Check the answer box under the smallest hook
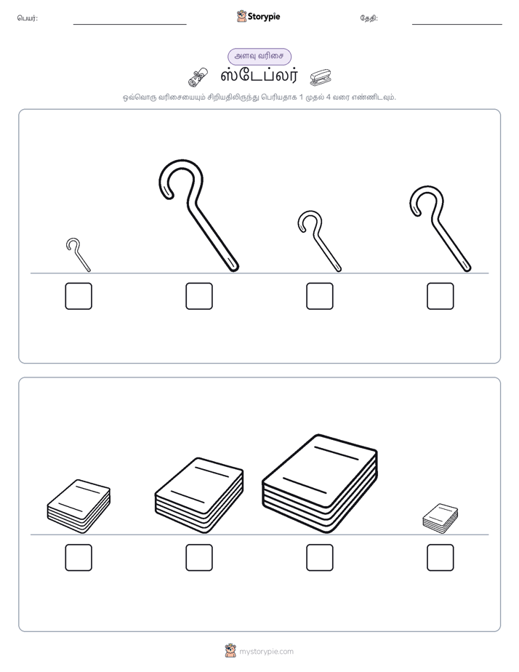(79, 296)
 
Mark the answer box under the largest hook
(199, 296)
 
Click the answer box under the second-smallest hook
(320, 296)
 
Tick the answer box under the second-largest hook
(440, 296)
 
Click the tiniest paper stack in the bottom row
(440, 519)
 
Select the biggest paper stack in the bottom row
(320, 484)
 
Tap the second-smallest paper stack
(79, 506)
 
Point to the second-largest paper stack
(199, 495)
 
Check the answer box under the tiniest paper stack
(440, 558)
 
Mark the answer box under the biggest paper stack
(320, 558)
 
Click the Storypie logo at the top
(259, 16)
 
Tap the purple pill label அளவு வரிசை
(259, 56)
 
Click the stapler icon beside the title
(321, 76)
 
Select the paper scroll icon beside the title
(198, 76)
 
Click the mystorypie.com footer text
(266, 652)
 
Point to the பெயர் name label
(28, 18)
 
